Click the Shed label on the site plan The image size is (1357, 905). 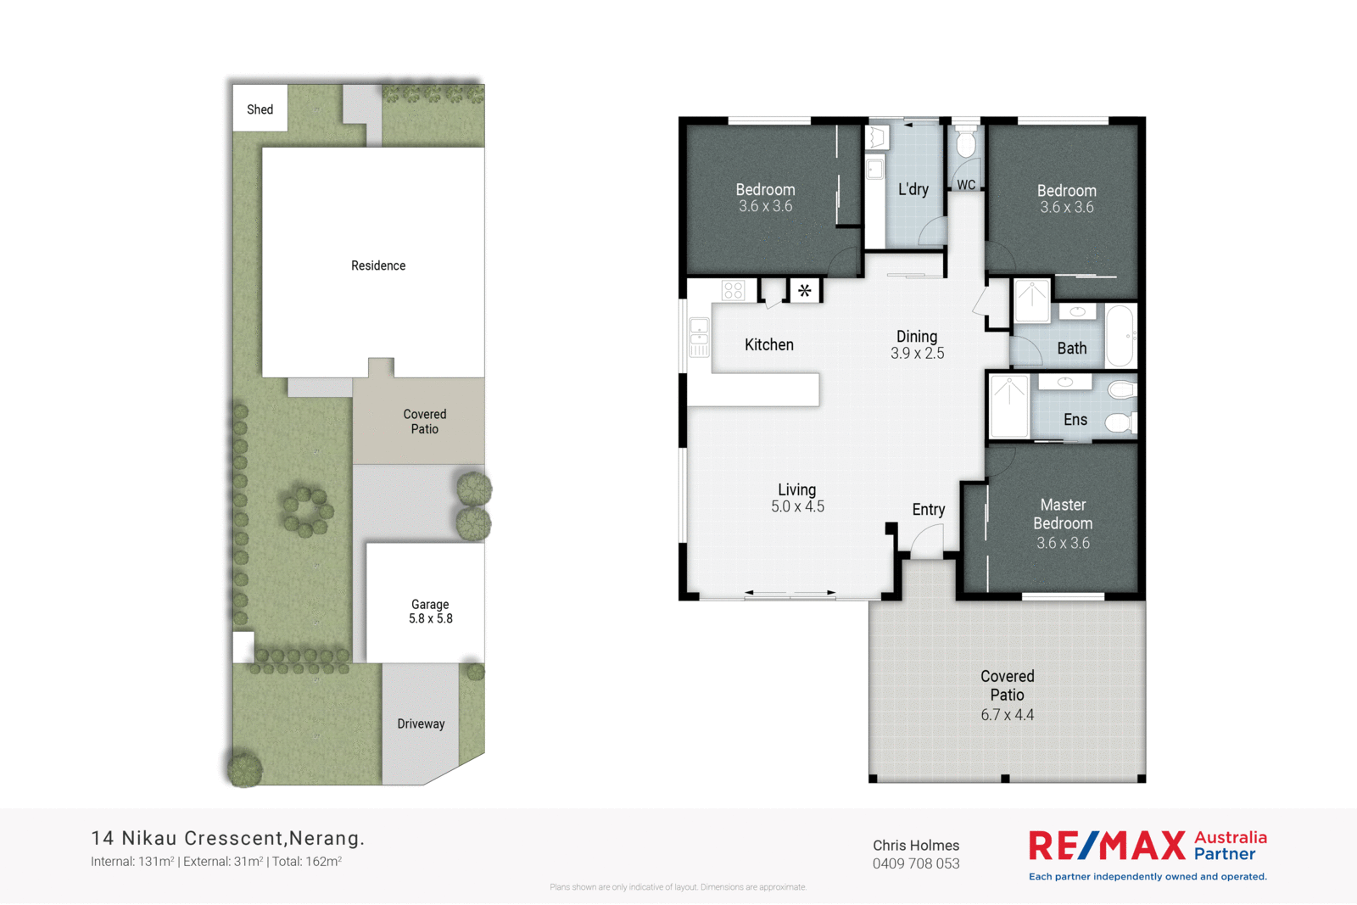[x=260, y=109]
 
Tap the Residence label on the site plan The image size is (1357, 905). [x=378, y=265]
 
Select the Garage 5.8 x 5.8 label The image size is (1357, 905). [x=430, y=612]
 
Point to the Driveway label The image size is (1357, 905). [x=421, y=723]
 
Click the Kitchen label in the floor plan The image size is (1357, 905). [x=768, y=344]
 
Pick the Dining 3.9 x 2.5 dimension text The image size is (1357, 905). [x=917, y=353]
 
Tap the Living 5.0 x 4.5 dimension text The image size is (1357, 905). [x=797, y=506]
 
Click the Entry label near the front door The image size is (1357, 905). [x=928, y=509]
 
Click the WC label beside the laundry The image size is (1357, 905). [x=966, y=185]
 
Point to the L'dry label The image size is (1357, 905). [x=913, y=189]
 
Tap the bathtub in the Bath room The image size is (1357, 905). [x=1120, y=336]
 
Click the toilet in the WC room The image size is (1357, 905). [x=966, y=144]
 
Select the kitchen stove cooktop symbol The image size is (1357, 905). [x=734, y=291]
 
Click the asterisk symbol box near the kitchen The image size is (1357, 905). [x=804, y=291]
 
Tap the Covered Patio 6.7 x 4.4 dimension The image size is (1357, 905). [x=1007, y=715]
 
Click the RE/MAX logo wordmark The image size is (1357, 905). [x=1107, y=846]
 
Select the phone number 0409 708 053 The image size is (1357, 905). [x=916, y=863]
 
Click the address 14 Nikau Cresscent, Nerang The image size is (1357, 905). [x=227, y=838]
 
